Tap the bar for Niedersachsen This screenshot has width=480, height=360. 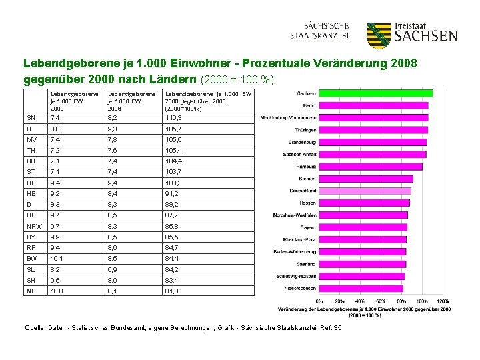click(361, 288)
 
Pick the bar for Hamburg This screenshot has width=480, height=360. click(371, 166)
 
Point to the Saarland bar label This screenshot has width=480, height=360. click(306, 263)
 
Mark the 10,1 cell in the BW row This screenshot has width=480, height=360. click(58, 258)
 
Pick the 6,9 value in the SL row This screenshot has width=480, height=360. click(115, 269)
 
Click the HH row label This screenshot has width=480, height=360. click(31, 183)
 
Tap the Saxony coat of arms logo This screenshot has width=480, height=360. click(378, 35)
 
